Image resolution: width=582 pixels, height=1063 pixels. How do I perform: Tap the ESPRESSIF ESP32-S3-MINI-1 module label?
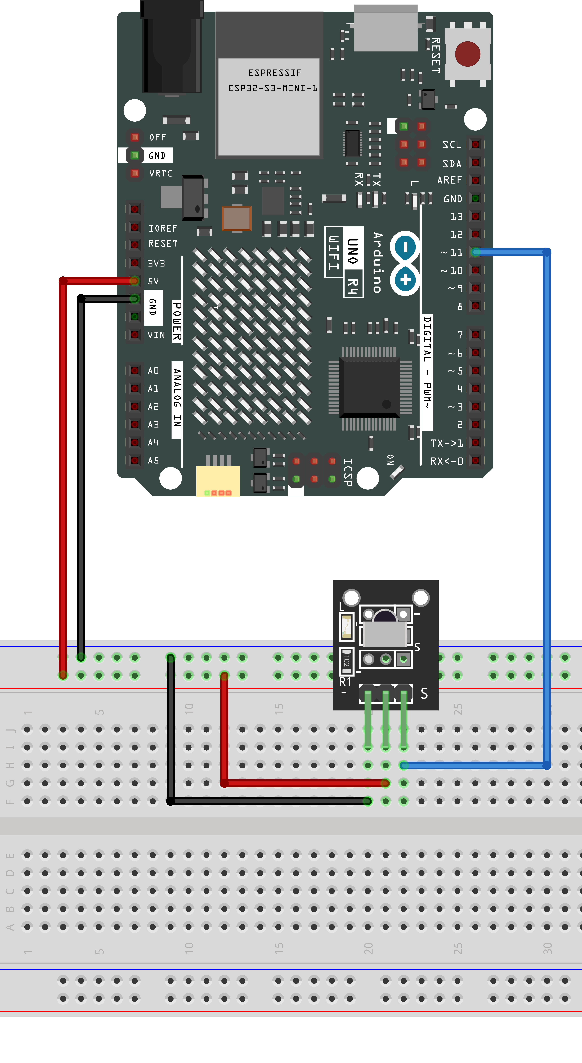272,80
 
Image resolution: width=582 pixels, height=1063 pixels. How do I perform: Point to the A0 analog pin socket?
134,370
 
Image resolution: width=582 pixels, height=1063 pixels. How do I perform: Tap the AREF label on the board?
450,180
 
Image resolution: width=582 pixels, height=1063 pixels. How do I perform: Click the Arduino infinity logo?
405,263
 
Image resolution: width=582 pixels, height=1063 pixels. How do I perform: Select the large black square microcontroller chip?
370,388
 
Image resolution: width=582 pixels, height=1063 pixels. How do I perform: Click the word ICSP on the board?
348,472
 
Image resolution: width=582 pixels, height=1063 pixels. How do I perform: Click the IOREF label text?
163,228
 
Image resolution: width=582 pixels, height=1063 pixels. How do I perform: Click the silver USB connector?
386,28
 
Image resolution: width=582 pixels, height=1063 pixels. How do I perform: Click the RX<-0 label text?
447,461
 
